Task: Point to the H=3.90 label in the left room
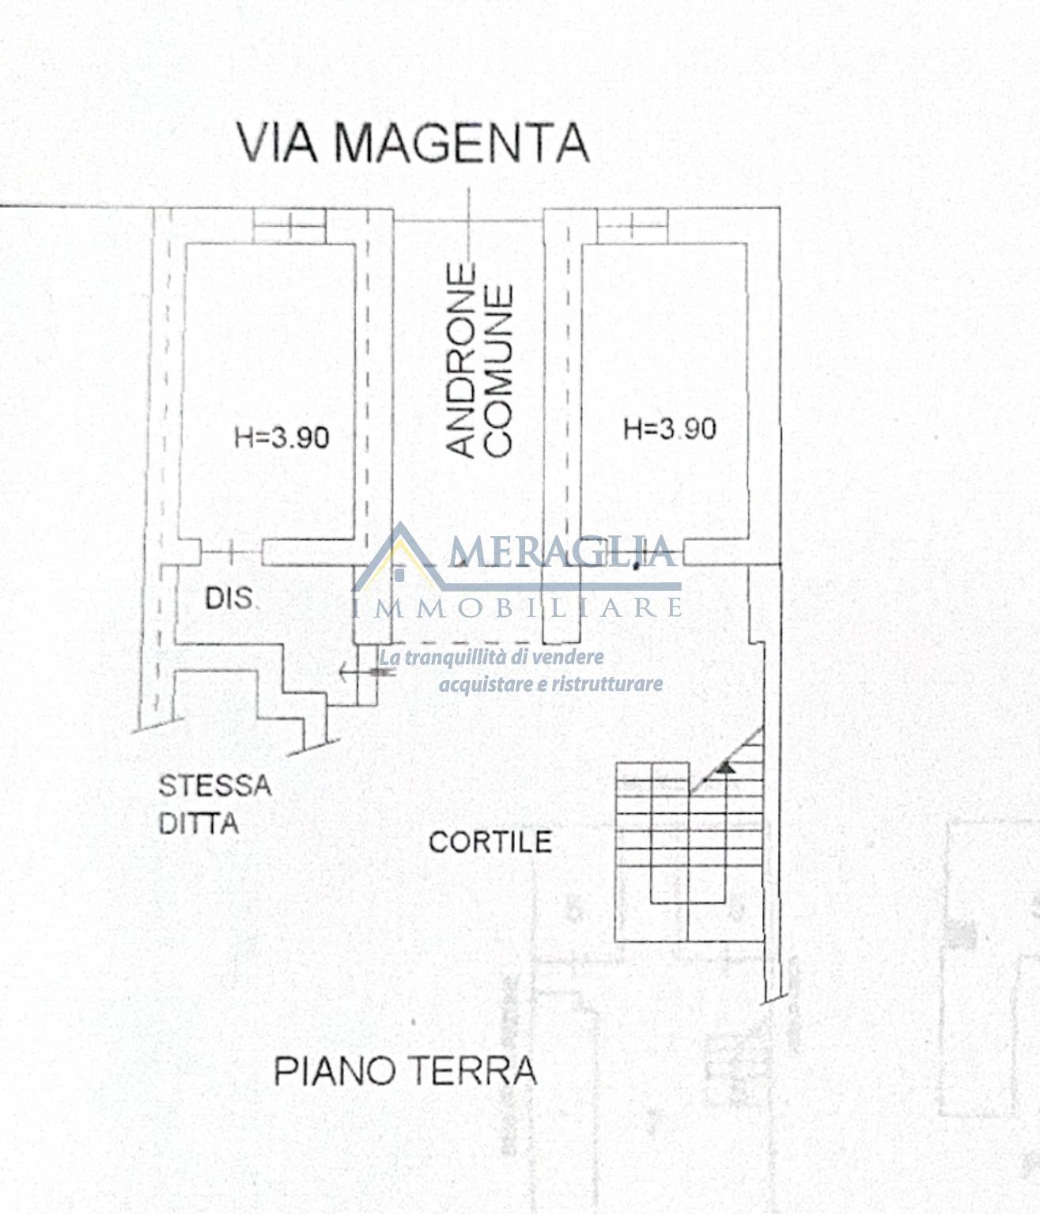click(x=282, y=437)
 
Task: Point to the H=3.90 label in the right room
click(x=669, y=429)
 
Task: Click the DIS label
click(x=229, y=599)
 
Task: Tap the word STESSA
click(x=215, y=786)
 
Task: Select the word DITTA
click(x=199, y=823)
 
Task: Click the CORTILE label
click(x=490, y=842)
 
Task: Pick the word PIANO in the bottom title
click(x=335, y=1071)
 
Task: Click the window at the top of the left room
click(x=289, y=225)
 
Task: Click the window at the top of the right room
click(x=633, y=225)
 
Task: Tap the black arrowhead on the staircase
click(x=726, y=766)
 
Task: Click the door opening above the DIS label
click(x=232, y=552)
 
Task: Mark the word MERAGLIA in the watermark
click(x=562, y=551)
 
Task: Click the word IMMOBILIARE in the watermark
click(x=516, y=607)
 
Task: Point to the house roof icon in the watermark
click(x=400, y=555)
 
